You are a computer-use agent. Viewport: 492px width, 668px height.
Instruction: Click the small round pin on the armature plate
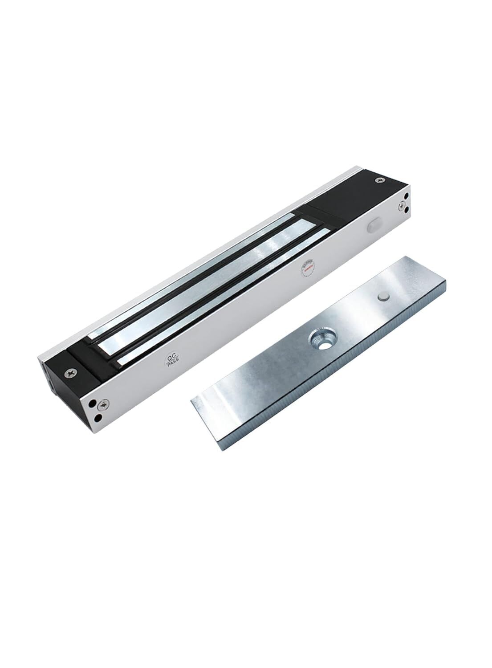click(x=382, y=297)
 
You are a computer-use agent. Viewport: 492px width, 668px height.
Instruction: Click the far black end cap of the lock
click(x=356, y=196)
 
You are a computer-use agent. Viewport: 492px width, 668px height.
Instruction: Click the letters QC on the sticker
click(x=170, y=357)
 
